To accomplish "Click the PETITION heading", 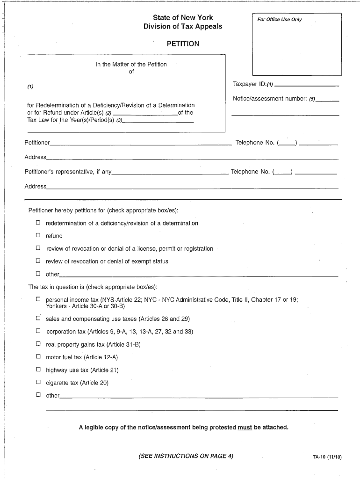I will pos(183,44).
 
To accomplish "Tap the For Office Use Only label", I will pos(280,20).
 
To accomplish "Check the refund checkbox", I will pos(38,236).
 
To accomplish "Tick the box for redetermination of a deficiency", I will pos(38,223).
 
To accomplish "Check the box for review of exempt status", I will pos(38,261).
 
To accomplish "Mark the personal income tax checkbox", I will pos(38,299).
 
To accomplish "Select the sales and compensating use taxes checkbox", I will pos(38,319).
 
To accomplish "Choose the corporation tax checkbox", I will pos(38,331).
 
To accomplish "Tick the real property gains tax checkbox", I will pos(38,344).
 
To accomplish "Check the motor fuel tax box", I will pos(38,357).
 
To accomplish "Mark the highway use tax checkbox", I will pos(38,370).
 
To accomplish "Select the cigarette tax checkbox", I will pos(38,382).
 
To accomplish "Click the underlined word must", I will pos(245,428).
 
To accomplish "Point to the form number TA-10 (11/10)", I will pos(327,457).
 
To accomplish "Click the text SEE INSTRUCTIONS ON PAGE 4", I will pos(186,456).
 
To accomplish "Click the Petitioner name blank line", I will pos(140,143).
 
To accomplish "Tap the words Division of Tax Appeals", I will pos(183,27).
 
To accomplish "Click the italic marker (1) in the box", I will pos(30,87).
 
